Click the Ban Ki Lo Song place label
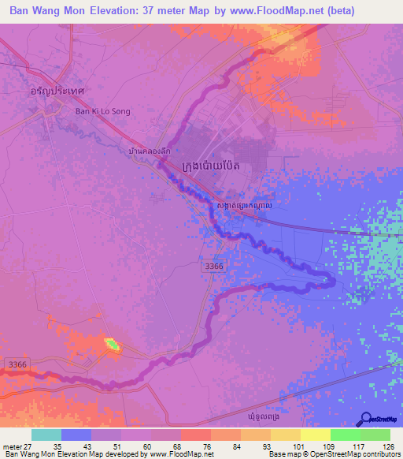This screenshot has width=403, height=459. click(x=102, y=111)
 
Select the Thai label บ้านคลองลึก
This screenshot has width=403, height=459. click(x=149, y=150)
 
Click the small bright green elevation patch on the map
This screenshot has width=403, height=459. click(x=113, y=344)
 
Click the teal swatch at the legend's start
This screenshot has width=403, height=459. click(x=46, y=435)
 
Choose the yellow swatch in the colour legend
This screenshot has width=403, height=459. click(x=316, y=435)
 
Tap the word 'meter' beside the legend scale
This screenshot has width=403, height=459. click(x=11, y=445)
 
